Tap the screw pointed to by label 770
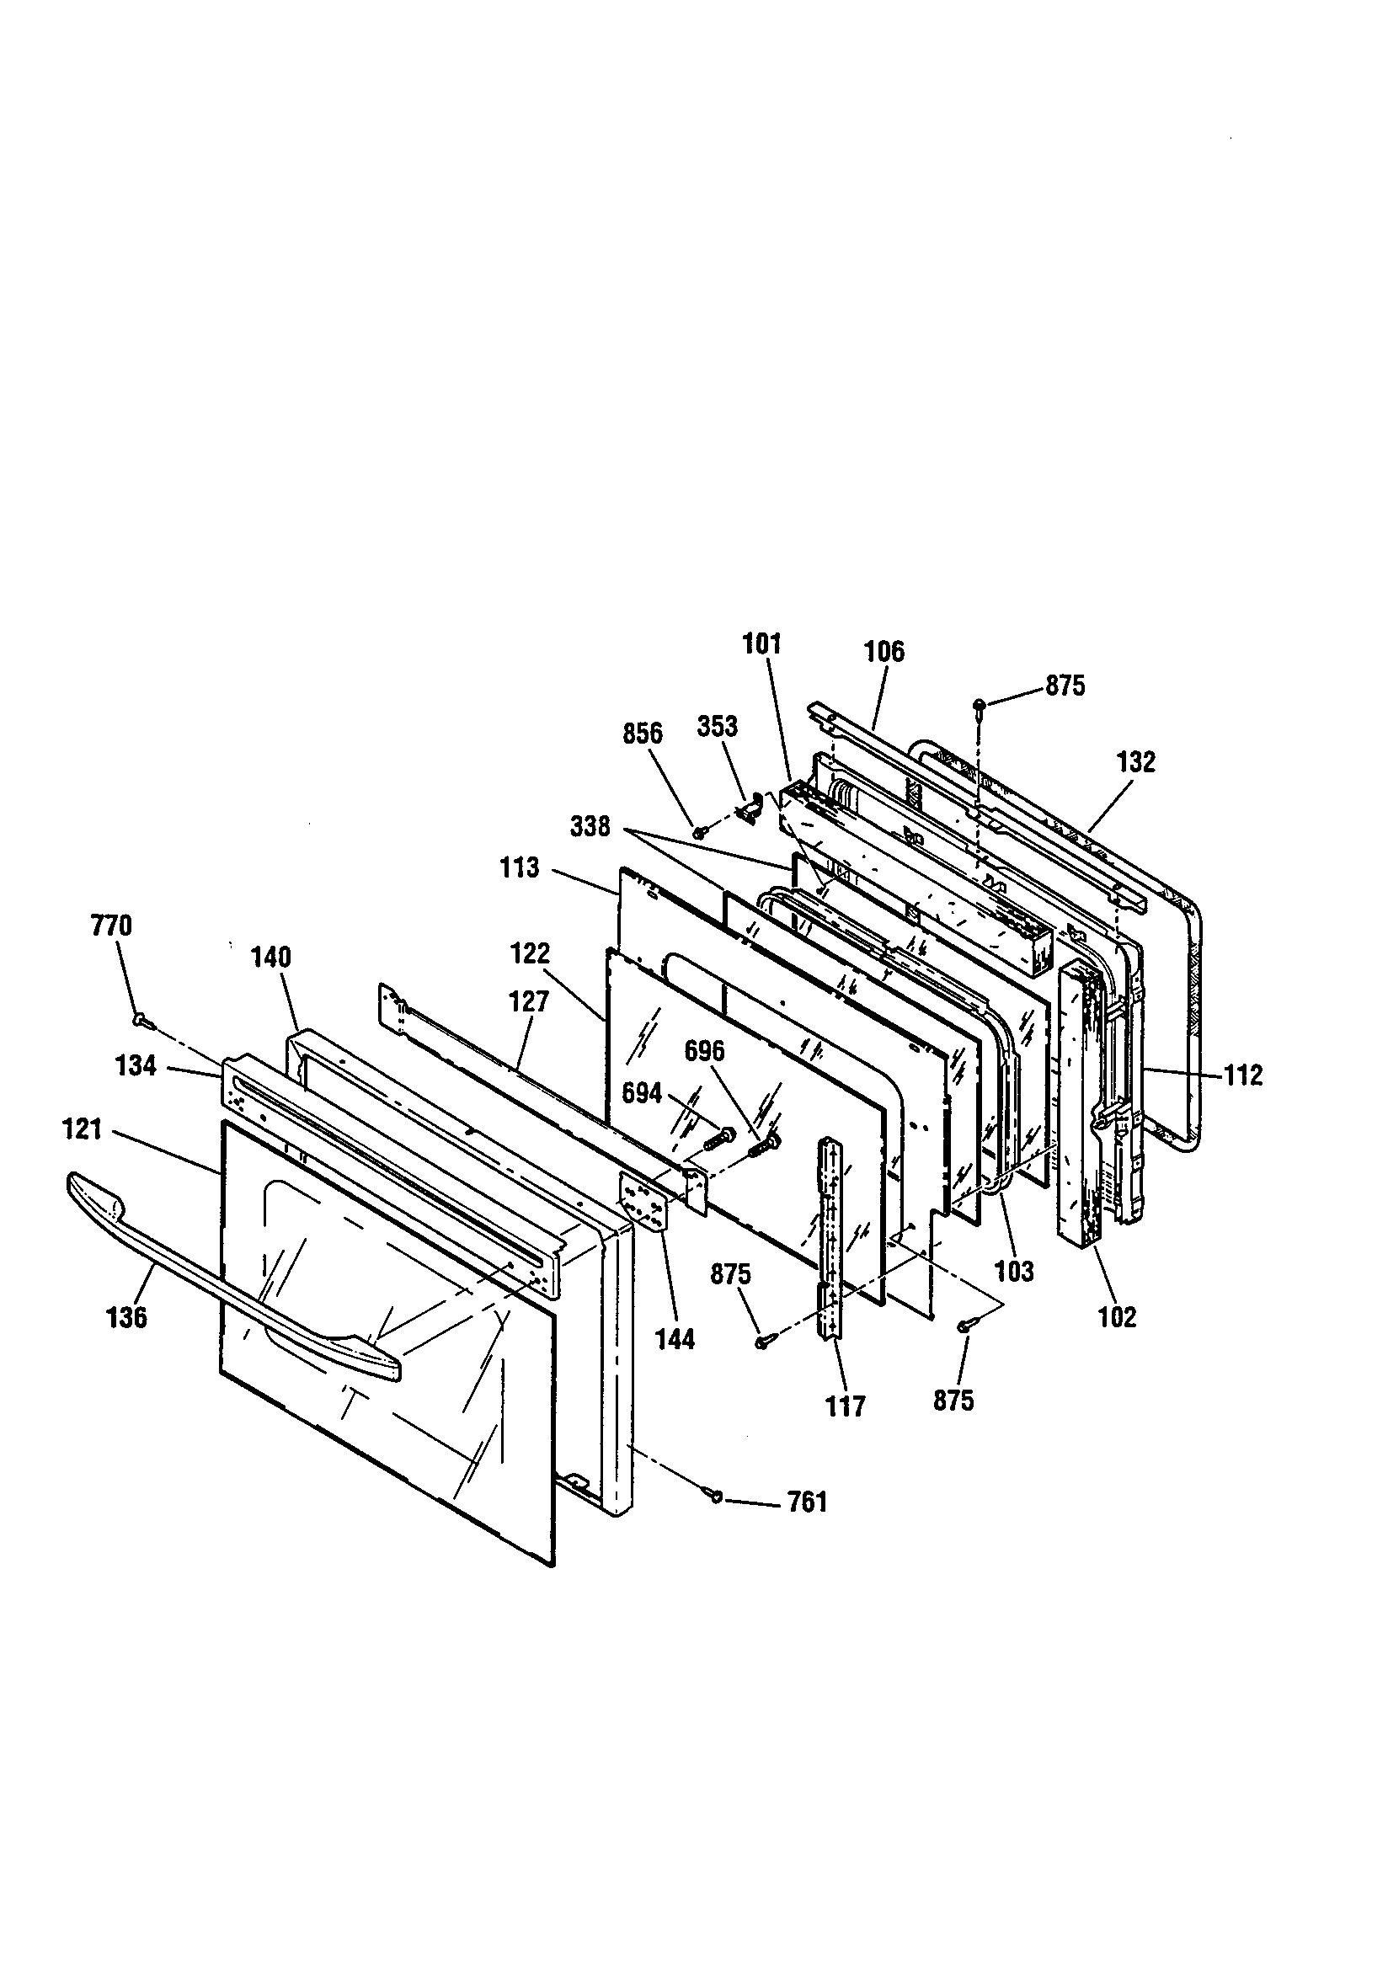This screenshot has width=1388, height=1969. (x=140, y=1020)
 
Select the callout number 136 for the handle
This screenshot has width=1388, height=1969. (x=127, y=1317)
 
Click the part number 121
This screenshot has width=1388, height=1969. (x=83, y=1130)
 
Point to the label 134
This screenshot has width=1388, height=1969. (x=136, y=1066)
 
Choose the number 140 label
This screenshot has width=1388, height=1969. (x=272, y=957)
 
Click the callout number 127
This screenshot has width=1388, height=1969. (x=528, y=1001)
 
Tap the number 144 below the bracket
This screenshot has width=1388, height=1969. (x=676, y=1340)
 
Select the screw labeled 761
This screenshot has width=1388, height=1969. (x=714, y=1497)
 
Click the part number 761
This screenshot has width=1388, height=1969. (x=807, y=1502)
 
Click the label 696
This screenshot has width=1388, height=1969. (x=705, y=1051)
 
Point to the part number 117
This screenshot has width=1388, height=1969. (x=846, y=1406)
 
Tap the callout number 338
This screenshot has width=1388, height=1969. (x=591, y=827)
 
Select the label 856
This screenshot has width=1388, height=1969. (x=643, y=734)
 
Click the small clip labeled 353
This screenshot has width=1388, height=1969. (x=752, y=807)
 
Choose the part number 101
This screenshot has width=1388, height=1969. (x=761, y=644)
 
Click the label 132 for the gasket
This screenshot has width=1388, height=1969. (x=1136, y=761)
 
